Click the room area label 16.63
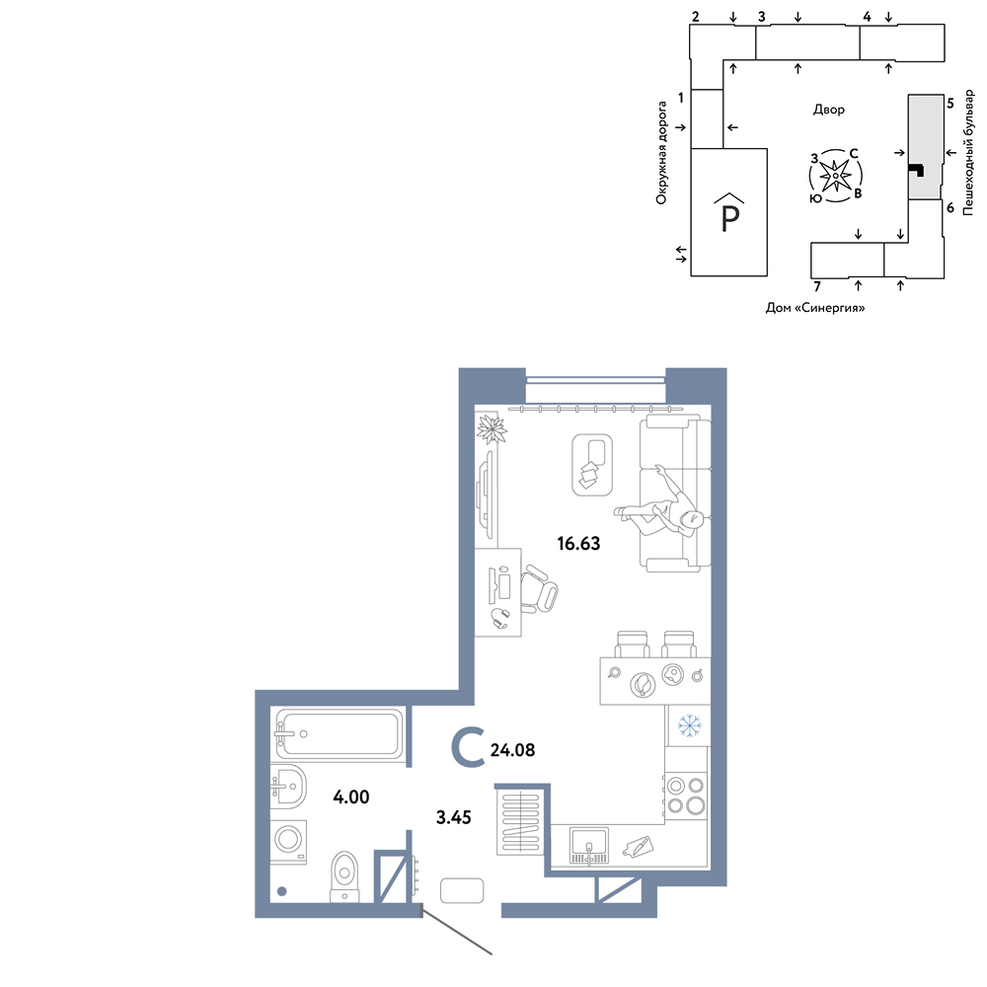pos(578,543)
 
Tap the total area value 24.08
pos(512,750)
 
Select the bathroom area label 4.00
pos(351,797)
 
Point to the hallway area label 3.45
pos(454,817)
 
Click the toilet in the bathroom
pos(343,876)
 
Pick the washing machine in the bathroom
pos(289,841)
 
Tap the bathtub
pos(339,734)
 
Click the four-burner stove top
pos(686,796)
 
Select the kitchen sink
pos(589,846)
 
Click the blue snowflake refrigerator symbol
pos(689,725)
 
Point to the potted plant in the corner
pos(492,429)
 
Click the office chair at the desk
pos(538,588)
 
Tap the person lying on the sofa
pos(661,511)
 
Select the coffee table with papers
pos(592,465)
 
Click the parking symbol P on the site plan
pos(729,212)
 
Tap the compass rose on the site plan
pos(835,176)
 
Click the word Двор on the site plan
pos(829,110)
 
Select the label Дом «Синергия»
pos(815,308)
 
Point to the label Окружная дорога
pos(661,153)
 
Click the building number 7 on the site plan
pos(817,287)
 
